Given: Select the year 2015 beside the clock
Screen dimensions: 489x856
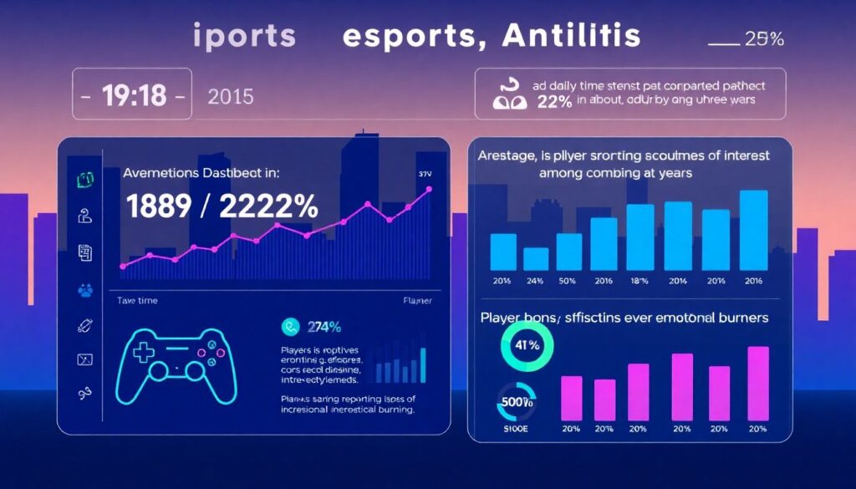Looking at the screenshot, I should coord(230,96).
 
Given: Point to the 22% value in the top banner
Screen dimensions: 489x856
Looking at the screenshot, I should coord(553,101).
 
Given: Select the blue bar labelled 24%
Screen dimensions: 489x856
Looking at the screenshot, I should coord(536,258).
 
